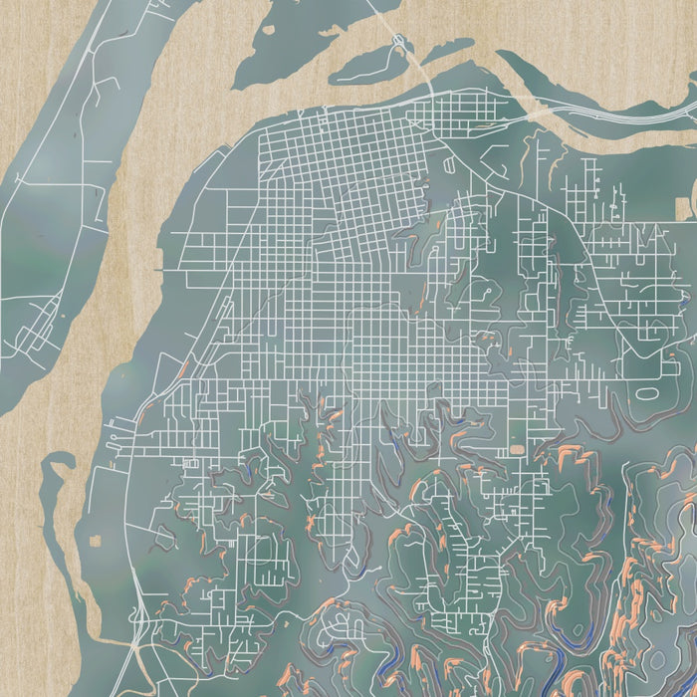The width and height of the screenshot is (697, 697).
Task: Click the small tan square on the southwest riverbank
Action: pyautogui.click(x=97, y=541)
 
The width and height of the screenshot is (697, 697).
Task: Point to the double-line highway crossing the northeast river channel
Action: pyautogui.click(x=617, y=116)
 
